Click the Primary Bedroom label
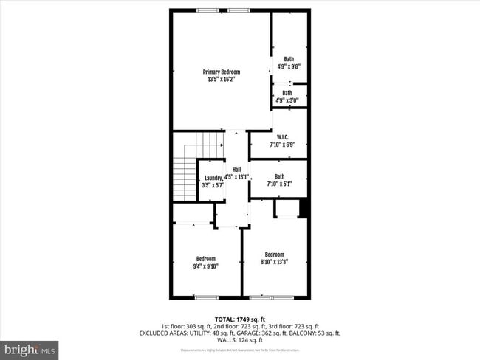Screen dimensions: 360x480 point(222,72)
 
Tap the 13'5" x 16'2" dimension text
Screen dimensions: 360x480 point(222,79)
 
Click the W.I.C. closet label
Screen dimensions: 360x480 point(281,137)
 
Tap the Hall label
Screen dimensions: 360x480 point(237,170)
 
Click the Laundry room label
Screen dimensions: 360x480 point(213,178)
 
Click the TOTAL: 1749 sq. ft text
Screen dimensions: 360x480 point(239,318)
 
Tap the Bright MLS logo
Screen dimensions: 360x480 point(30,348)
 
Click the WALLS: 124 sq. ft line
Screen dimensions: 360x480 point(239,340)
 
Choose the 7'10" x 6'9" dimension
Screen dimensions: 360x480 point(281,145)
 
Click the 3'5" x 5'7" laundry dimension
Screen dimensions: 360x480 point(213,185)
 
